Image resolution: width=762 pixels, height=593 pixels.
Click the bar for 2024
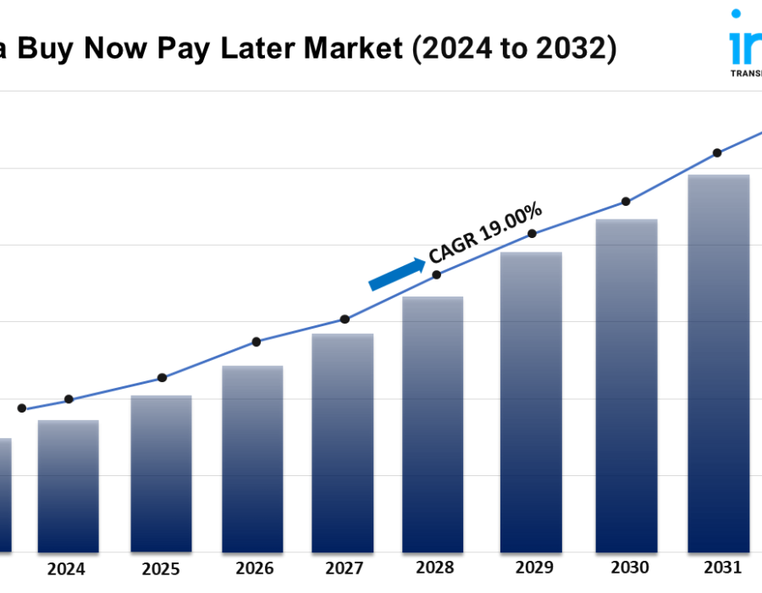68,486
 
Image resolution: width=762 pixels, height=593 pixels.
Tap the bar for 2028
433,424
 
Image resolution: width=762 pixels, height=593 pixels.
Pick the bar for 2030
627,385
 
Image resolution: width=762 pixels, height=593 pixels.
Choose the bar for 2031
718,363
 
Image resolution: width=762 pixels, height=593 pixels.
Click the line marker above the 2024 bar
69,399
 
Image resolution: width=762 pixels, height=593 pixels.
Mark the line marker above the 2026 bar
257,341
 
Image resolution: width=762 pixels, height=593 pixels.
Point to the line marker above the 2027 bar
345,319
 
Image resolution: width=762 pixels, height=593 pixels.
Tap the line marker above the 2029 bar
532,233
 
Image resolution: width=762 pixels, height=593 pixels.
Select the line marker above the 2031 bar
717,153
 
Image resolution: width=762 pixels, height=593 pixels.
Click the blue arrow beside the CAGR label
397,274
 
